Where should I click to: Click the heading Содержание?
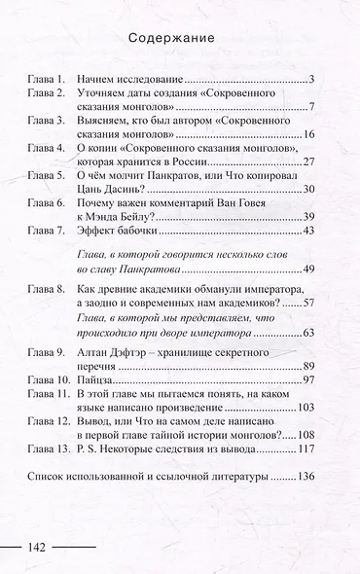(179, 39)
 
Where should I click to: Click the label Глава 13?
(48, 449)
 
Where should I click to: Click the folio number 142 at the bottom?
(44, 546)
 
